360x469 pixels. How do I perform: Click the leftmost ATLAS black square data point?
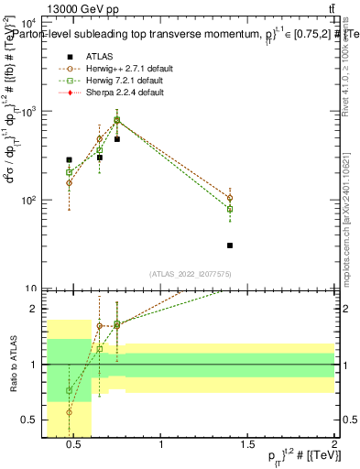70,159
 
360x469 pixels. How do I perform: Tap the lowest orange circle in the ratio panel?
70,412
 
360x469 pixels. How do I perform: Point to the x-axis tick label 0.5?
74,445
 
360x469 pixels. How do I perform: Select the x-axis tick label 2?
334,445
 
